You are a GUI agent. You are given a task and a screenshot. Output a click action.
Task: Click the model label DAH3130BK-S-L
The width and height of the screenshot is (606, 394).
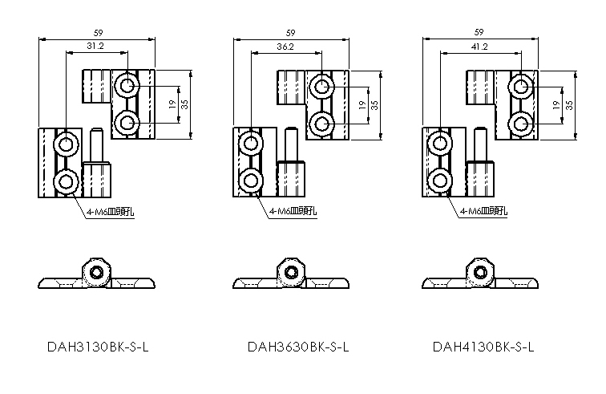pos(98,347)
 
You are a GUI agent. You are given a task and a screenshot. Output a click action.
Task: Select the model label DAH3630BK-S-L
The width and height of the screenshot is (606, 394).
pos(298,347)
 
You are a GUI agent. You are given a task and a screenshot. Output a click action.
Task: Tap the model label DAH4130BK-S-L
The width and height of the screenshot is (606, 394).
pos(483,347)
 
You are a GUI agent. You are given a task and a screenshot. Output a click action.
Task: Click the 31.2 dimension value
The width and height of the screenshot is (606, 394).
pos(95,46)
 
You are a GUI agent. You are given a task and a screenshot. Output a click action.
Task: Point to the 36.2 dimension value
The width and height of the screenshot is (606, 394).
pos(285,47)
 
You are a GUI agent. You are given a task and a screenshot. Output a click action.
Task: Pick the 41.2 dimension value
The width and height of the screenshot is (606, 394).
pos(479,47)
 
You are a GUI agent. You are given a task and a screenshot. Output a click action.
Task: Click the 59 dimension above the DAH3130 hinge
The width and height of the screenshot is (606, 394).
pos(98,33)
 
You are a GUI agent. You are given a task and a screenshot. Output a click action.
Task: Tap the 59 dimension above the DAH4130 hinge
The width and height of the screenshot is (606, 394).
pos(479,33)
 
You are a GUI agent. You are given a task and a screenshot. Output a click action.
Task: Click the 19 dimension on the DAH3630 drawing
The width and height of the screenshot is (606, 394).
pos(362,105)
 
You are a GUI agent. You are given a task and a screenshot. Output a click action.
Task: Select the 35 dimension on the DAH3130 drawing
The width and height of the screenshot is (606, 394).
pos(184,104)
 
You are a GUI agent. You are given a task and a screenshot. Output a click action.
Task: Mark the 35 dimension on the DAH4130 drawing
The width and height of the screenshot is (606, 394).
pos(569,105)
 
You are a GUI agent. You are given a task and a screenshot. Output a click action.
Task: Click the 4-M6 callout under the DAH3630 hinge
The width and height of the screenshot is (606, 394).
pos(293,211)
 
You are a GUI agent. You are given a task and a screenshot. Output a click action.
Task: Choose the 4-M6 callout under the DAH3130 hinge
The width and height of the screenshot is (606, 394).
pos(110,212)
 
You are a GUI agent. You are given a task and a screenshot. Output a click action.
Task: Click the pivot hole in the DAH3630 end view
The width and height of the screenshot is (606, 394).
pos(290,273)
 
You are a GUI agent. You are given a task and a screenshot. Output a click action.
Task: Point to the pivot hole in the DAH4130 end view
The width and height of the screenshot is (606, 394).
pos(480,273)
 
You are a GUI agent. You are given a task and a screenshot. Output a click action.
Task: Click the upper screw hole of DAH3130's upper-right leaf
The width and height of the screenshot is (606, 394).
pos(127,85)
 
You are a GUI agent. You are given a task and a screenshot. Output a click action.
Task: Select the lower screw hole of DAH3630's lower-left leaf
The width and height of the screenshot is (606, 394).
pos(251,181)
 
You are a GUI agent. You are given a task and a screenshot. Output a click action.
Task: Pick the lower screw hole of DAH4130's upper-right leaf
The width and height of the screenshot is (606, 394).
pos(520,124)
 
